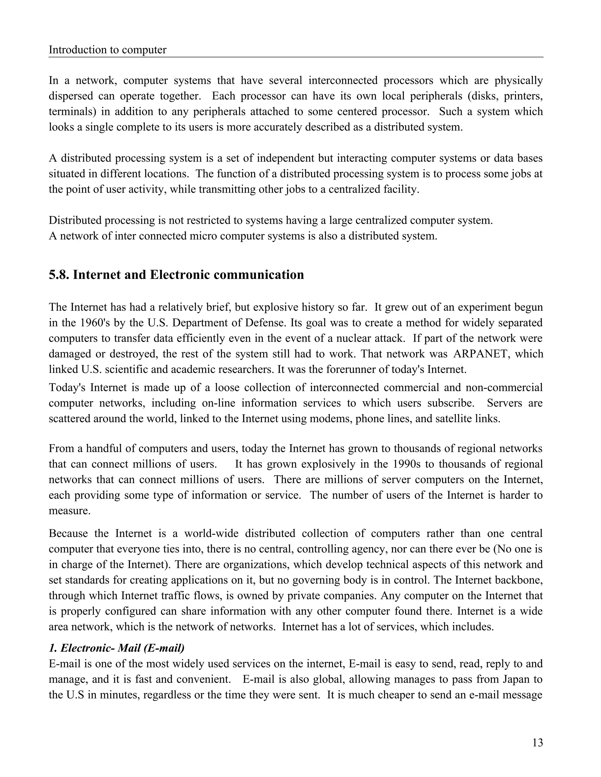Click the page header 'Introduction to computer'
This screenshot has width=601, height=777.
point(107,50)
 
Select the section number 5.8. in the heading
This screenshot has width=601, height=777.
point(59,275)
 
